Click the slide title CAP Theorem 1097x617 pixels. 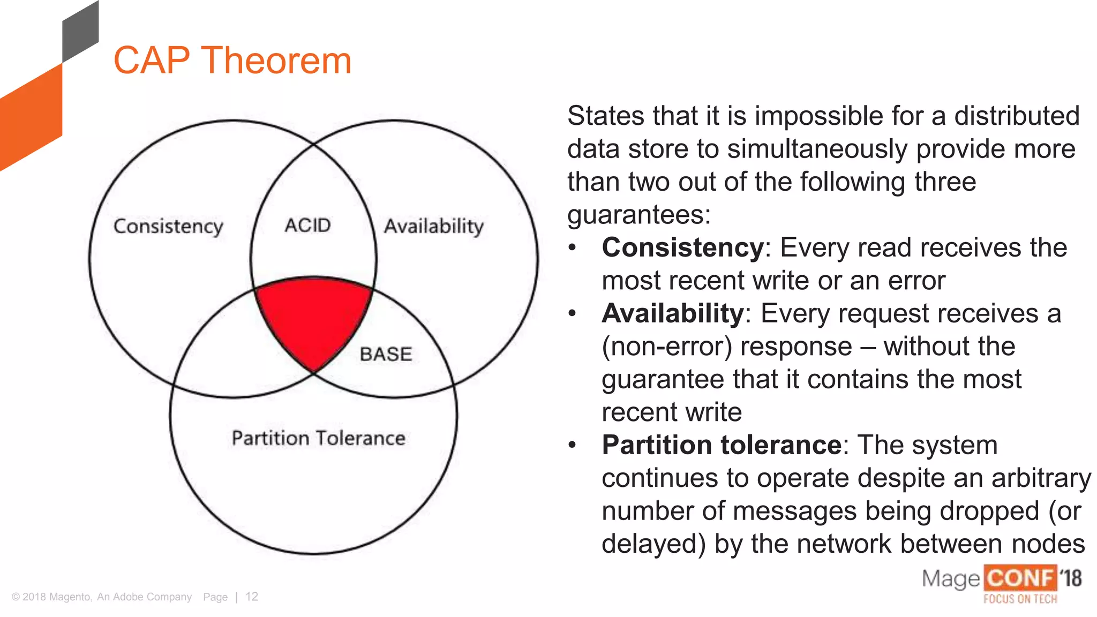pos(232,61)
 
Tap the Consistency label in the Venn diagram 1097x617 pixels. pos(168,227)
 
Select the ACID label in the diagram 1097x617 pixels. pos(307,225)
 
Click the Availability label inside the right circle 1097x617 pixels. pos(433,227)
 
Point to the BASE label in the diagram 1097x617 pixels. pos(386,355)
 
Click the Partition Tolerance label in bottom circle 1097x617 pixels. pos(318,439)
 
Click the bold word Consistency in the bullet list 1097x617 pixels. pos(682,248)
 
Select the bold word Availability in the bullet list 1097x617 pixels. pos(672,314)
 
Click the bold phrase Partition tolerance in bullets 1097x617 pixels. pos(722,446)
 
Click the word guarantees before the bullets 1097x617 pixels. pos(638,215)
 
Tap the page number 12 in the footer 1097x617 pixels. pos(252,597)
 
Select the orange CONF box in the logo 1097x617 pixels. pos(1020,578)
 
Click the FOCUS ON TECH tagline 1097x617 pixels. pos(1020,599)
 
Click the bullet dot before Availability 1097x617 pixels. pos(572,313)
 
